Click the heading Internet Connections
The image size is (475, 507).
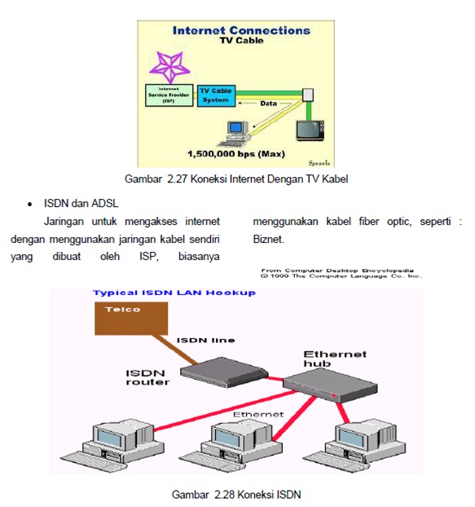pos(241,30)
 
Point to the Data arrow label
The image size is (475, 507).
pos(268,104)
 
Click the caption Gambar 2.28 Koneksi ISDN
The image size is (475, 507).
pos(237,494)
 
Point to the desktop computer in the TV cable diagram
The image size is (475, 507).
pos(237,130)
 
